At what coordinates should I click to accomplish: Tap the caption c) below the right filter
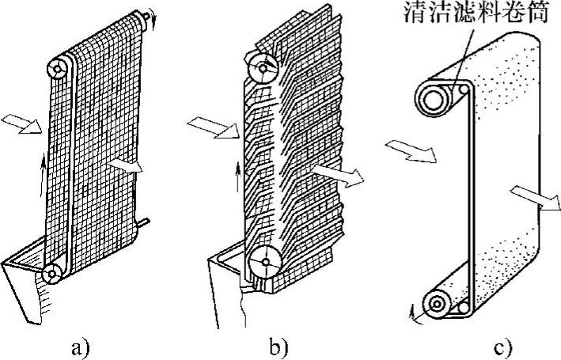click(x=504, y=346)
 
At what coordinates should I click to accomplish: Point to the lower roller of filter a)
click(x=54, y=272)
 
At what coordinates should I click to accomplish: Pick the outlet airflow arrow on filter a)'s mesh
click(x=127, y=165)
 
